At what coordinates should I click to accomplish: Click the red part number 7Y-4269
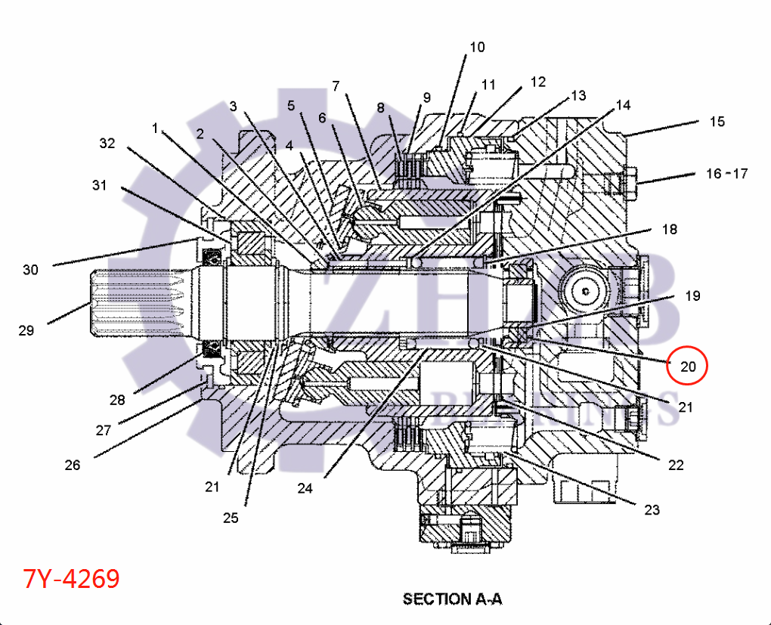point(72,579)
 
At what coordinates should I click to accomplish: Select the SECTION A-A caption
point(452,599)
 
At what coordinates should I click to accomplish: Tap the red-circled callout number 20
point(688,367)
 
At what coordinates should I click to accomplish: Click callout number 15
point(717,122)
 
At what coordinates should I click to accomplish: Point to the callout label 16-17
point(726,174)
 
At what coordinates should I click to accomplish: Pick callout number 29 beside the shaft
point(27,330)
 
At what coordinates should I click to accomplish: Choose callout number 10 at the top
point(477,48)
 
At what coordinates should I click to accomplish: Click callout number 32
point(108,143)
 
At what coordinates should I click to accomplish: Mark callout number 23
point(652,509)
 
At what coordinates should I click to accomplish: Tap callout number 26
point(72,465)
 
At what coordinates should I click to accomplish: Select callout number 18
point(670,230)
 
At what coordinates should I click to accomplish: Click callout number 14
point(623,105)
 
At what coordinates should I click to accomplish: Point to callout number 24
point(305,488)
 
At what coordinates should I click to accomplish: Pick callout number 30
point(29,270)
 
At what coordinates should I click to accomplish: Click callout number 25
point(230,518)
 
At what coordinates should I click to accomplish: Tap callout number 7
point(336,85)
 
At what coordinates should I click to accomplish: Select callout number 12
point(537,82)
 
